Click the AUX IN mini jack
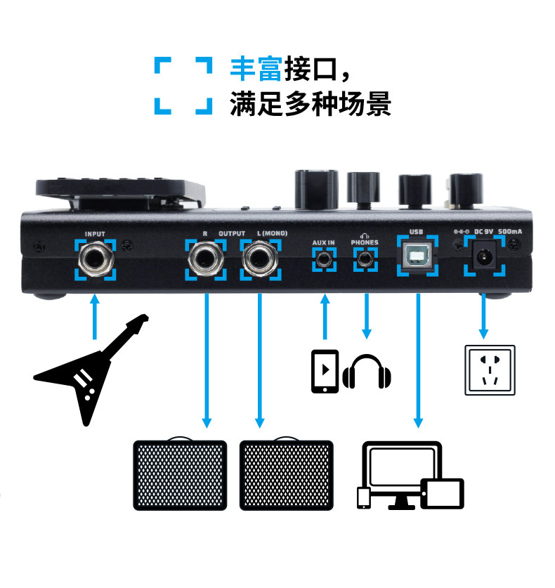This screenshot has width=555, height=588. [x=324, y=260]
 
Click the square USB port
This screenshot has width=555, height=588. [x=418, y=257]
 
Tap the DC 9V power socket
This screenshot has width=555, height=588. [x=483, y=258]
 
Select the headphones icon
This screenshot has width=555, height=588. [x=367, y=372]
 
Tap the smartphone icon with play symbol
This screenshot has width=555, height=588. [x=325, y=371]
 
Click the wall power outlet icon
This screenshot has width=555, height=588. [x=490, y=370]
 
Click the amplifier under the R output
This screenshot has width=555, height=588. [x=181, y=475]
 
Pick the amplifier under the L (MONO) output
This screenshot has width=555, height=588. [x=287, y=475]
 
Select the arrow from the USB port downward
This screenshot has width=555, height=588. [x=418, y=358]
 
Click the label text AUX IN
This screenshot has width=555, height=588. [x=324, y=242]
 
